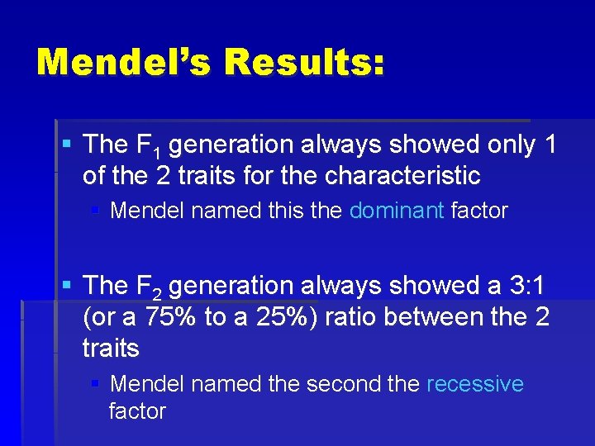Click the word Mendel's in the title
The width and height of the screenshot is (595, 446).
tap(123, 63)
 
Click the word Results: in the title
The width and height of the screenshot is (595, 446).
tap(305, 63)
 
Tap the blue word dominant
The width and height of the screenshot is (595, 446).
tap(397, 211)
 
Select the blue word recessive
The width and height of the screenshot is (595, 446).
tap(475, 384)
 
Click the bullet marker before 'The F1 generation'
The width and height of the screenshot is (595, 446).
tap(67, 145)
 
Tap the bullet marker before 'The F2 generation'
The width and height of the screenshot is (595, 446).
tap(67, 286)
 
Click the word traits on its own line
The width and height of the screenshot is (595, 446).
tap(111, 349)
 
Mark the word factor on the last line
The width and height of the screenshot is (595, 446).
tap(137, 410)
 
